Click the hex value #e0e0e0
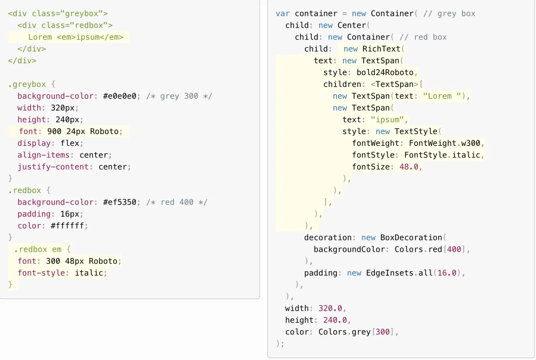click(120, 96)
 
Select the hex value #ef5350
click(120, 202)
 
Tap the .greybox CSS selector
click(27, 84)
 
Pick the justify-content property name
click(53, 167)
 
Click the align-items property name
click(43, 155)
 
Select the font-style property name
click(41, 273)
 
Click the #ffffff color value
click(67, 226)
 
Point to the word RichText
click(381, 49)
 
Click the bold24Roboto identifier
click(385, 72)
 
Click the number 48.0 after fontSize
click(409, 167)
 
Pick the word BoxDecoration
click(411, 237)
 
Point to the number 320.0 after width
click(330, 308)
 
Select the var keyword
click(283, 14)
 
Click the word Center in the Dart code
click(351, 25)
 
